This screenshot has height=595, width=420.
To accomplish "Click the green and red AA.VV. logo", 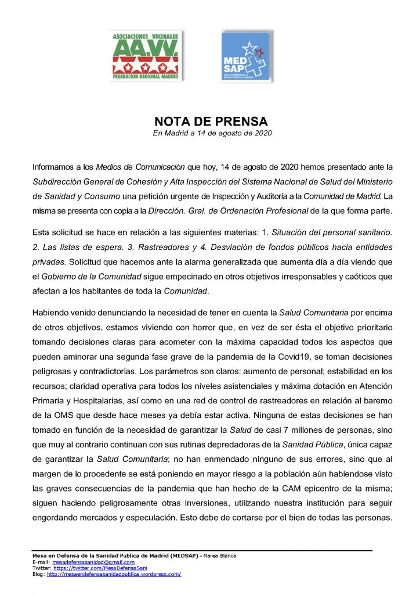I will pos(146,55).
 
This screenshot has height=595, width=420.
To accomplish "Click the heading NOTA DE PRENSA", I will pos(211,121).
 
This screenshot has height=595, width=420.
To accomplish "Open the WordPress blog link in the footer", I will pos(114,574).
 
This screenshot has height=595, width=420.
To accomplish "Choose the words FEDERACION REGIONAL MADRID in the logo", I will pos(146,75).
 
